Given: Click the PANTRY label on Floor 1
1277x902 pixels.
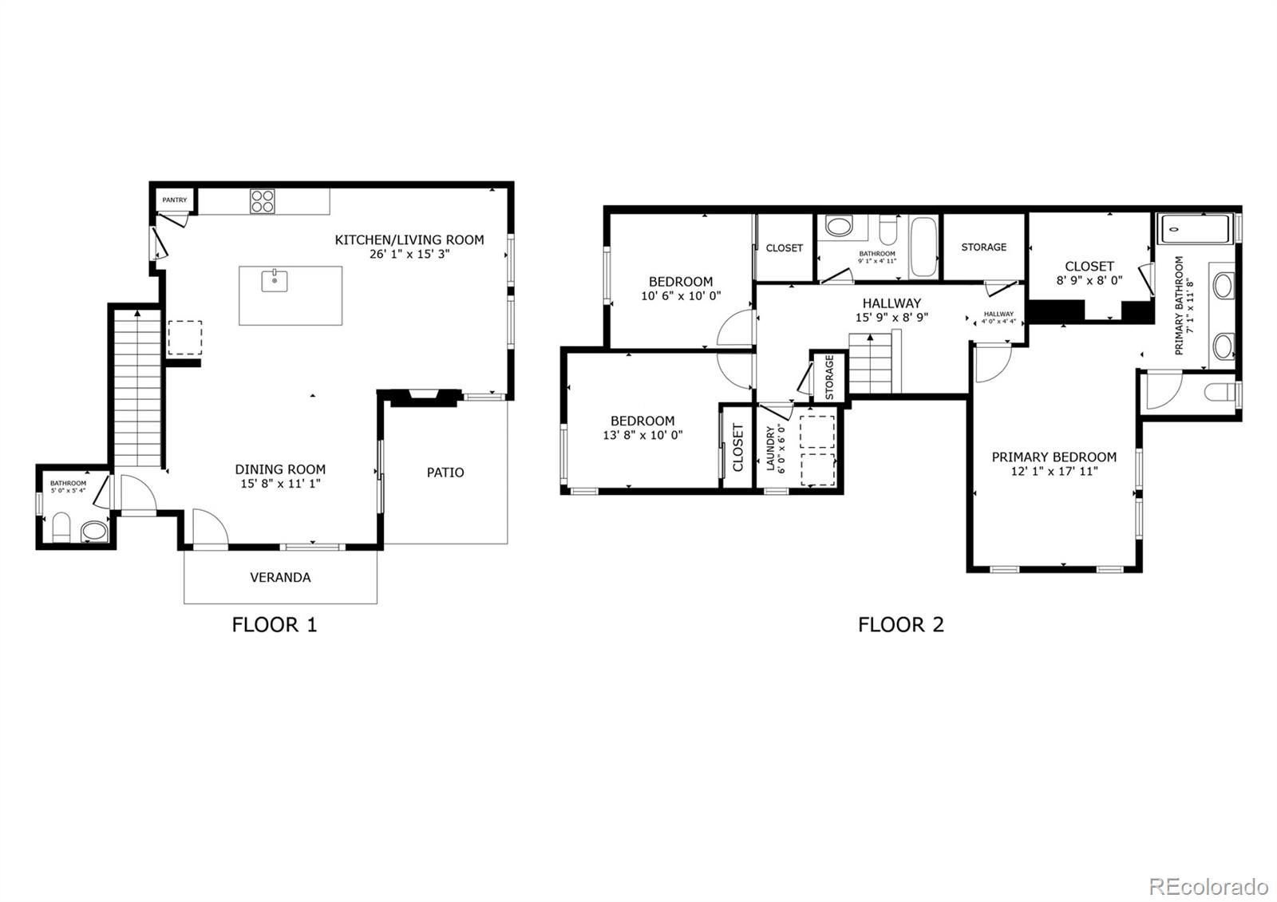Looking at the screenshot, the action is click(175, 200).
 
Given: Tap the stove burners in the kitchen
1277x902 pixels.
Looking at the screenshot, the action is click(263, 201).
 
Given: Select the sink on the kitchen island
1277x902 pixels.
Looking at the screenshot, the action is click(275, 281).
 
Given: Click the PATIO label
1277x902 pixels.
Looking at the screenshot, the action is click(445, 472).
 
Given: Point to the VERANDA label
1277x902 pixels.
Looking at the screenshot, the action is click(280, 577).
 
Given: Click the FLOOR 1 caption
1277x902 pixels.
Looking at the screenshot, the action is click(275, 624).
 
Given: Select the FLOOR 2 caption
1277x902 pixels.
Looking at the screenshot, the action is click(901, 624).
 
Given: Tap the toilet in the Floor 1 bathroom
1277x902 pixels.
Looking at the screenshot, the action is click(61, 527).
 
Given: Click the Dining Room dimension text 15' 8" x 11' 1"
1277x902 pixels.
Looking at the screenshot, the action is click(280, 484).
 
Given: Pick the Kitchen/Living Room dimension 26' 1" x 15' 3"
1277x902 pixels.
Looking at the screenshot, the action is click(409, 254).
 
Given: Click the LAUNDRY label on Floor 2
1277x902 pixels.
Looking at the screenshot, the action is click(770, 449).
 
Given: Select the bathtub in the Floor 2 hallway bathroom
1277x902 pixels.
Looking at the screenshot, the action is click(923, 247).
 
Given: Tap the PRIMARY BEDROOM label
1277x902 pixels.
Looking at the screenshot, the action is click(1054, 457).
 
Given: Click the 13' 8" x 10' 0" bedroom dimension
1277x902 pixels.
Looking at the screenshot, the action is click(642, 435).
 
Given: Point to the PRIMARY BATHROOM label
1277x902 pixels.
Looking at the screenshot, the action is click(1179, 305).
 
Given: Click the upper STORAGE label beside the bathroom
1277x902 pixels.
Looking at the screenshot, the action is click(983, 247).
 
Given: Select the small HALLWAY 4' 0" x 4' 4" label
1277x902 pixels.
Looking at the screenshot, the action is click(998, 318).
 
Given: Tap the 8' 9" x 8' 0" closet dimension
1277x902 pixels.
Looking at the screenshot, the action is click(1089, 280).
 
